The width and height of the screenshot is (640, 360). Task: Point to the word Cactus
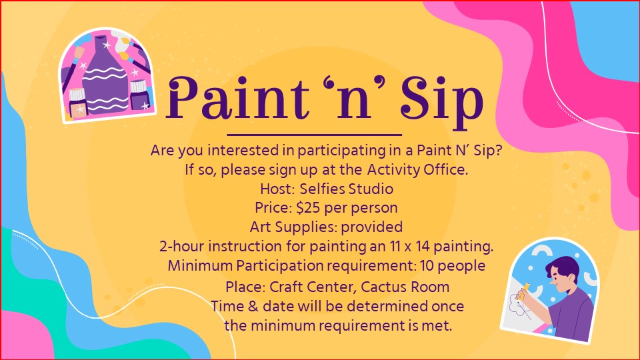click(x=383, y=287)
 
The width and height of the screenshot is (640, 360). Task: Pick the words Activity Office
click(x=417, y=169)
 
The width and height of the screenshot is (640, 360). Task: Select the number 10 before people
click(x=427, y=266)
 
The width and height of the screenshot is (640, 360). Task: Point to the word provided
click(x=372, y=227)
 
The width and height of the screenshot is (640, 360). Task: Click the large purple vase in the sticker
click(x=105, y=77)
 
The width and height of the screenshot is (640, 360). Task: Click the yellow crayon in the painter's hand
click(x=525, y=289)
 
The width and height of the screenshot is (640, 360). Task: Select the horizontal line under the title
click(x=314, y=134)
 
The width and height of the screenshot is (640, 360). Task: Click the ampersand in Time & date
click(x=253, y=307)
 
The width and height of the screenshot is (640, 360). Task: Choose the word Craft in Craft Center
click(x=286, y=287)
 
